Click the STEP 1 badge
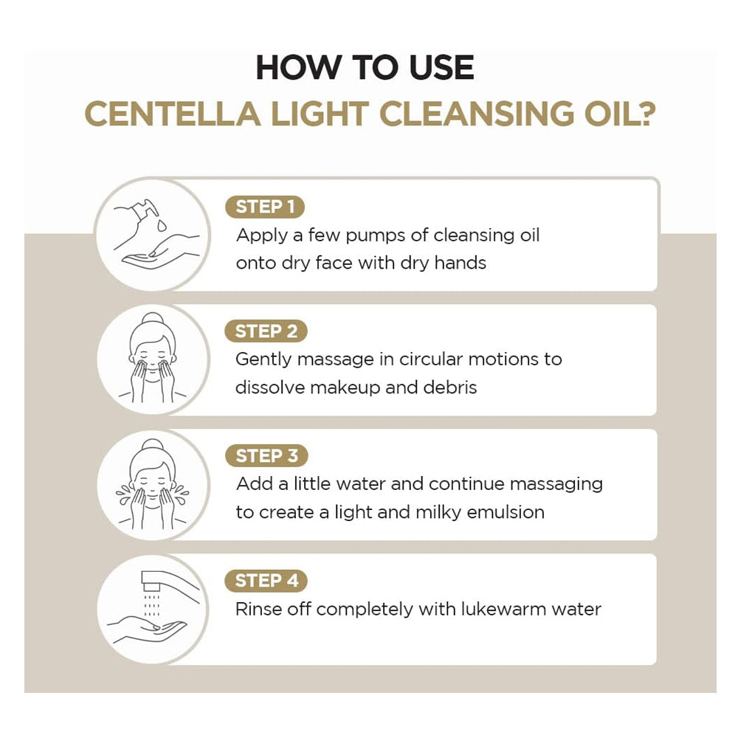coord(265,207)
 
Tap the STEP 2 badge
coord(266,331)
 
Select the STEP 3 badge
coord(266,455)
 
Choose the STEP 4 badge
coord(266,580)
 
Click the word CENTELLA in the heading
coord(173,114)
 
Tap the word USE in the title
coord(441,68)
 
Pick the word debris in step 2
coord(450,388)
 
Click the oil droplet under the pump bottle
coord(162,225)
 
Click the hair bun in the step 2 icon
coord(153,319)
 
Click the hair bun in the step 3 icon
coord(153,445)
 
